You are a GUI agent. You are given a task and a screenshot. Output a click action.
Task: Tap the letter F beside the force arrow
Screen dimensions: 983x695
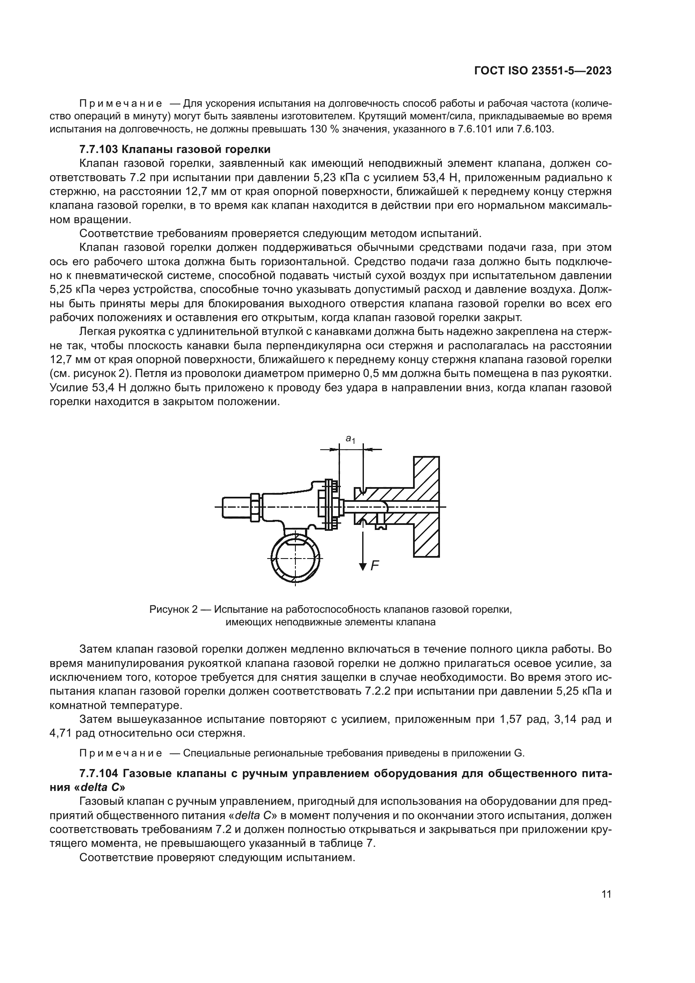click(x=375, y=566)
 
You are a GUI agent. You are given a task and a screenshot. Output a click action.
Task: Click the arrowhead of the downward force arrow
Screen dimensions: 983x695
click(x=363, y=567)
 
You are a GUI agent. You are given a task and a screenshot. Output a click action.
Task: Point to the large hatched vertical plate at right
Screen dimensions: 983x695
click(x=426, y=507)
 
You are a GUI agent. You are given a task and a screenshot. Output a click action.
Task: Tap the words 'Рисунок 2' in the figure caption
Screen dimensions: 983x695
click(x=173, y=609)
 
